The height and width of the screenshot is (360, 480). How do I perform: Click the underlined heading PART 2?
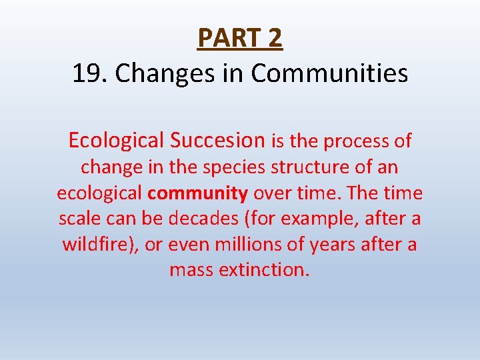coord(240,38)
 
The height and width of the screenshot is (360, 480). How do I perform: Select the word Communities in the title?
coord(329,73)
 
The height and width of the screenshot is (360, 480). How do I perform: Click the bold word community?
coord(198,193)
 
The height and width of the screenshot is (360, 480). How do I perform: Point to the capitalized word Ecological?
coord(115,141)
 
